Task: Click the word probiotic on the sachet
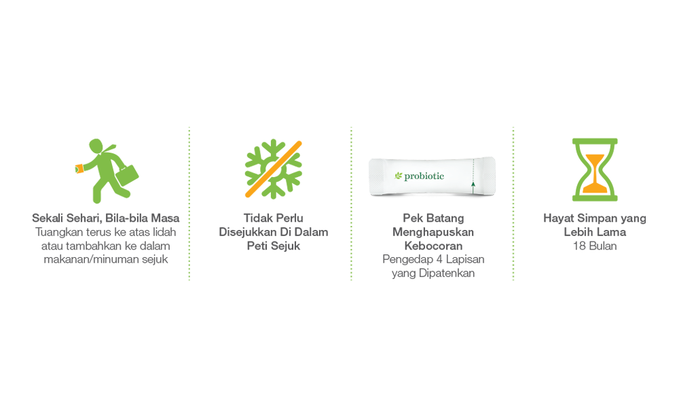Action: pos(424,176)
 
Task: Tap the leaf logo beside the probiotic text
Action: pos(399,176)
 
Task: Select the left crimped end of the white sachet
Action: pos(373,178)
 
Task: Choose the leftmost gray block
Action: pos(102,234)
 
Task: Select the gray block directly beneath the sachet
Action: pos(431,244)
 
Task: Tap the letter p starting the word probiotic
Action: pos(407,177)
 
